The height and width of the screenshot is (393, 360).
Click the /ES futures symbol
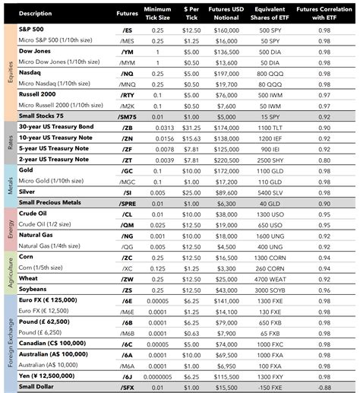click(127, 29)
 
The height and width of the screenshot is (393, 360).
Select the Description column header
click(36, 13)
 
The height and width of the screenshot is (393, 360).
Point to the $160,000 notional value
click(226, 29)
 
